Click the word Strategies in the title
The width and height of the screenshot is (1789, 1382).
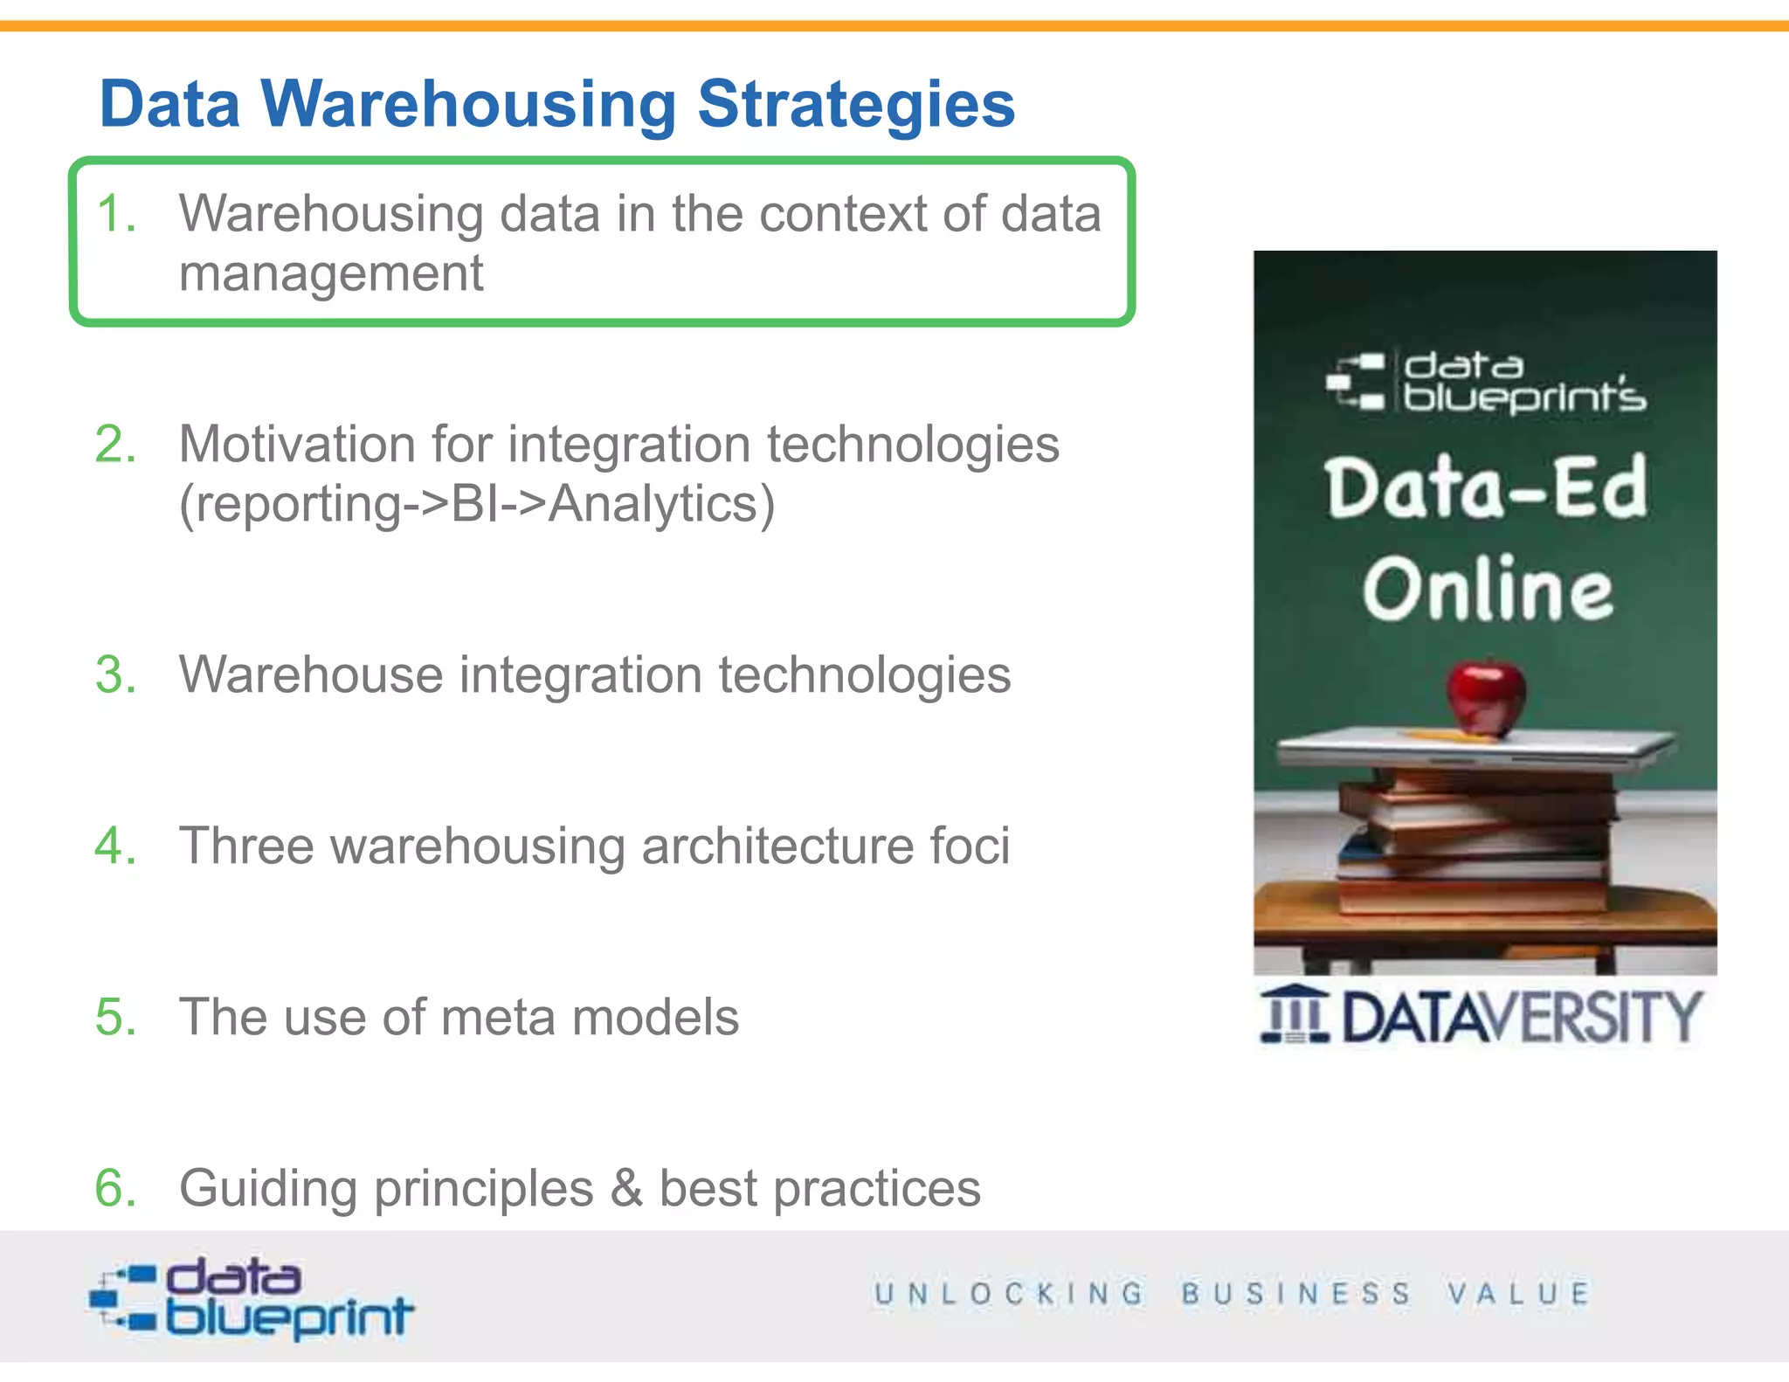coord(855,105)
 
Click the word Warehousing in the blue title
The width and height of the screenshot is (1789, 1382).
coord(468,105)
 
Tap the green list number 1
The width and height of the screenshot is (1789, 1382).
coord(115,214)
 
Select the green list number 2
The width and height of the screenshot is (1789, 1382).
coord(115,445)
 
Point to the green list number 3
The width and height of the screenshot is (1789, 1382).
coord(115,675)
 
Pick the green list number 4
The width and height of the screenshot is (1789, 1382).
coord(115,846)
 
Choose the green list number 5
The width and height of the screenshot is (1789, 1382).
coord(115,1017)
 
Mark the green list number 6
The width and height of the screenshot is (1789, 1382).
coord(115,1188)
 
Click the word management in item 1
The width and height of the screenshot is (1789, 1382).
coord(330,274)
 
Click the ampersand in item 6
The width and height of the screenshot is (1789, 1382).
coord(625,1188)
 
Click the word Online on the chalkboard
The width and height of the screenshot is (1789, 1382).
coord(1488,590)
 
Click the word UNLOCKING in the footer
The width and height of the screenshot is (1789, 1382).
coord(1009,1293)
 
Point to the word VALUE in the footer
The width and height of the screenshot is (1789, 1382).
coord(1518,1293)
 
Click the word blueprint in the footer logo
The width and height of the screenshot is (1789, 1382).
coord(289,1317)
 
